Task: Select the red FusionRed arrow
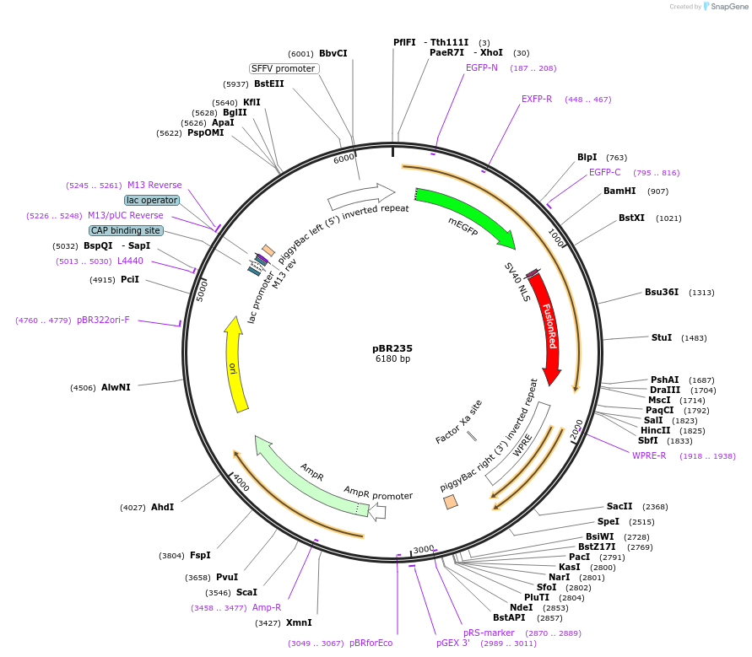pyautogui.click(x=548, y=326)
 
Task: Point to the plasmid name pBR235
pyautogui.click(x=392, y=348)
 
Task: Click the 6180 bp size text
pyautogui.click(x=392, y=359)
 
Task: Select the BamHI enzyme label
pyautogui.click(x=619, y=191)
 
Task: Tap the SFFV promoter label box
pyautogui.click(x=284, y=68)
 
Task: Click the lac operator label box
pyautogui.click(x=152, y=201)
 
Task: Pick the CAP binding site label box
pyautogui.click(x=126, y=230)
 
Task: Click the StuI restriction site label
pyautogui.click(x=662, y=337)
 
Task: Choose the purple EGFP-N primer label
pyautogui.click(x=482, y=67)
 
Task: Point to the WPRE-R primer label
pyautogui.click(x=649, y=455)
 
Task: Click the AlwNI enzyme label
pyautogui.click(x=116, y=387)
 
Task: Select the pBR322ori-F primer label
pyautogui.click(x=103, y=320)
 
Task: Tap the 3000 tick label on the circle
pyautogui.click(x=424, y=549)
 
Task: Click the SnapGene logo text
pyautogui.click(x=728, y=6)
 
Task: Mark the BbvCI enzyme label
pyautogui.click(x=333, y=53)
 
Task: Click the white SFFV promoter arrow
pyautogui.click(x=361, y=196)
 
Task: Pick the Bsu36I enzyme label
pyautogui.click(x=662, y=292)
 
